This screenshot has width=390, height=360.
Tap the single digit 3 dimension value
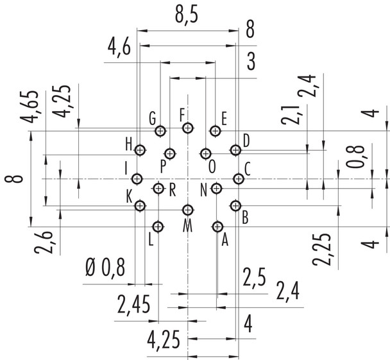point(250,63)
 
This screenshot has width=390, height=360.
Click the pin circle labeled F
point(187,128)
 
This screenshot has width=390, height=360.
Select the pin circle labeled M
point(187,210)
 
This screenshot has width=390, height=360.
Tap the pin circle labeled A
point(217,227)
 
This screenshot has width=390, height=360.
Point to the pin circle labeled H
point(140,150)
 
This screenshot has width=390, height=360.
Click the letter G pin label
point(152,119)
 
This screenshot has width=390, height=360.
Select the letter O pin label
point(212,165)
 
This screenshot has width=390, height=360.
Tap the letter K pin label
point(129,194)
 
